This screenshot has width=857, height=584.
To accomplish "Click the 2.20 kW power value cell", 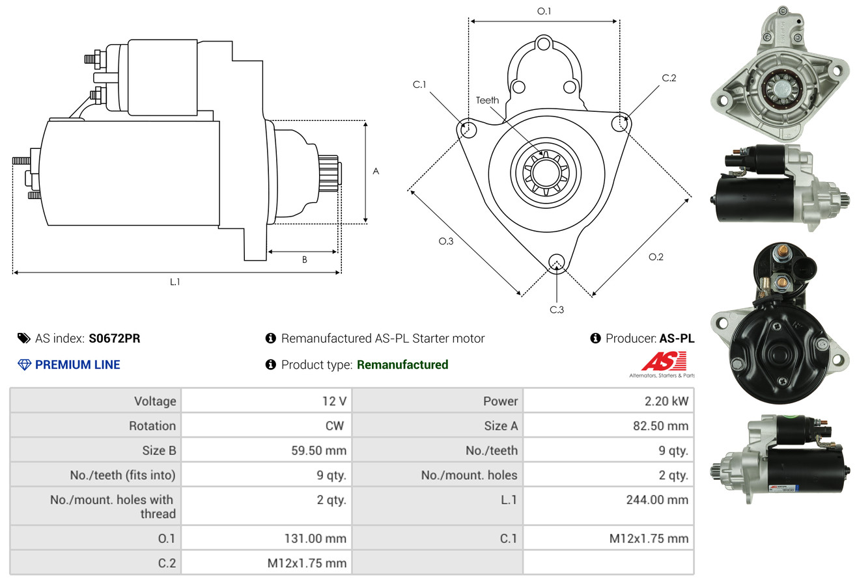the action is tap(666, 401).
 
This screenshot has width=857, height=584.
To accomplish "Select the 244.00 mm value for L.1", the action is tap(657, 499).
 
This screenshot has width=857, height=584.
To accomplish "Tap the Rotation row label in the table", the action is tap(152, 425).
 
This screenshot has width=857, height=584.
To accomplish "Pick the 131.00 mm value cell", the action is tap(315, 538).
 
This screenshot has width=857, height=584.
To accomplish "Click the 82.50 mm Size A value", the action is tap(660, 425).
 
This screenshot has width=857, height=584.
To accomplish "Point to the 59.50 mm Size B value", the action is tap(318, 450).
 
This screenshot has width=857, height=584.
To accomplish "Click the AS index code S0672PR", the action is tap(115, 338).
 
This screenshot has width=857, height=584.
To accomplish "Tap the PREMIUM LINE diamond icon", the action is tap(25, 365).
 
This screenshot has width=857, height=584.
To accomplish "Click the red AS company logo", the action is tap(664, 362).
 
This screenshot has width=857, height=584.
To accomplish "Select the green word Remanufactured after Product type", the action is tap(402, 365).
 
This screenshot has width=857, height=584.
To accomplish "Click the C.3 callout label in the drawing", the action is tap(557, 310).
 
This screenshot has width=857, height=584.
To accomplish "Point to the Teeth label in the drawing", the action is tap(487, 100).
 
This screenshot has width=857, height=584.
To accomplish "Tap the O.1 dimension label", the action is tap(544, 11).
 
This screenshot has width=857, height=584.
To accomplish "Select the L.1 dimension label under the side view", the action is tap(175, 282).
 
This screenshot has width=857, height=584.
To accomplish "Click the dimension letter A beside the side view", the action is tap(376, 171).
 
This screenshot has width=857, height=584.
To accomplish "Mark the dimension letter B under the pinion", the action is tap(305, 259).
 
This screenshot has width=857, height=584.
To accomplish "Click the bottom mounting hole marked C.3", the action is tap(556, 262).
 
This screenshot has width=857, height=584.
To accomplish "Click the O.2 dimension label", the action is tap(656, 257).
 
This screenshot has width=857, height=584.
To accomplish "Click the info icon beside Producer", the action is tap(595, 338).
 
